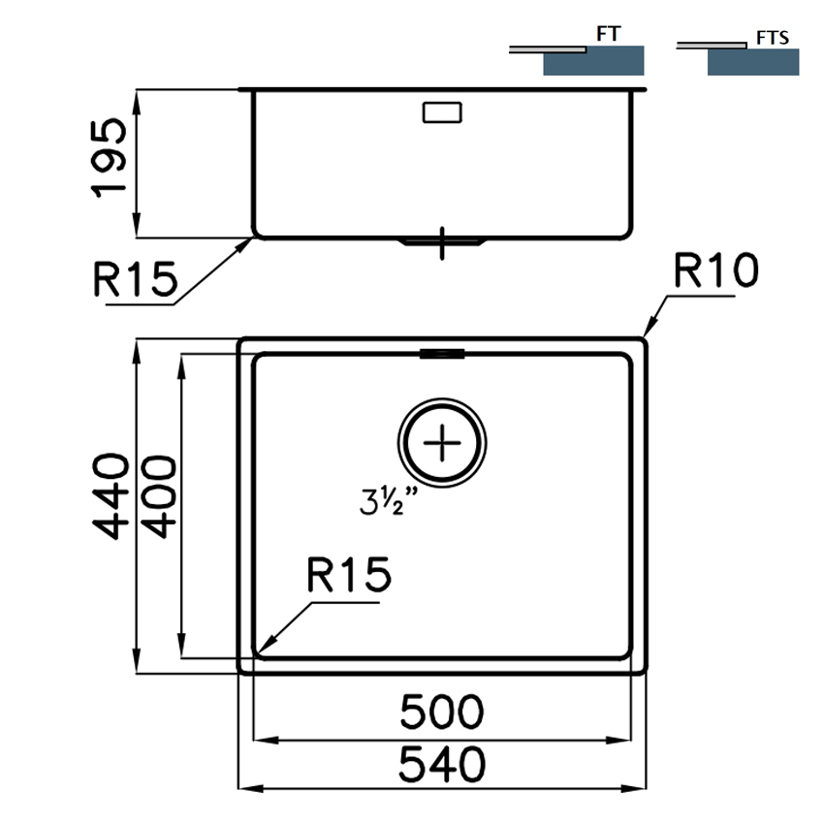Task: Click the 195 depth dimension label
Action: click(x=109, y=158)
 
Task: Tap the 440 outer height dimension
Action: click(x=111, y=496)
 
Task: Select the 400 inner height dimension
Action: click(x=159, y=496)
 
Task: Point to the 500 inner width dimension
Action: click(x=441, y=712)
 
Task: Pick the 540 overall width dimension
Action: click(x=441, y=764)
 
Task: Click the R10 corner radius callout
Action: click(x=715, y=270)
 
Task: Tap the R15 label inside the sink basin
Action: click(x=349, y=575)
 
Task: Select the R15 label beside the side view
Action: click(x=136, y=279)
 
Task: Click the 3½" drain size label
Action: click(x=389, y=501)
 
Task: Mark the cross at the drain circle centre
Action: click(x=442, y=443)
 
